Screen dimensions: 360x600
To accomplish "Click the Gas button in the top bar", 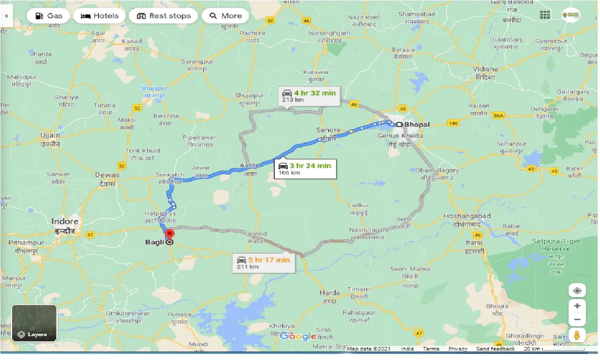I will point(48,16).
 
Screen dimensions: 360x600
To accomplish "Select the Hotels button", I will point(99,16).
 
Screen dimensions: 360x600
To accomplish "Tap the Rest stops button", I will point(164,16).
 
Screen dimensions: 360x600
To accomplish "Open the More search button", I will point(225,16).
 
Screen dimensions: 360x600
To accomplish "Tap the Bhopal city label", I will point(417,125).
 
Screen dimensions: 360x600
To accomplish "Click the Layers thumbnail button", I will point(34,323).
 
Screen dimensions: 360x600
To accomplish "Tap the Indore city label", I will point(65,221).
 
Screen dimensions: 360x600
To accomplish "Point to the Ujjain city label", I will point(50,135).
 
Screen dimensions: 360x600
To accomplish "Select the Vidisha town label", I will point(485,69).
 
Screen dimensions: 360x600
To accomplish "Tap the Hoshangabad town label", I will point(467,217).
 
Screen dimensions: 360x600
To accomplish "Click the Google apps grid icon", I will point(545,15).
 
